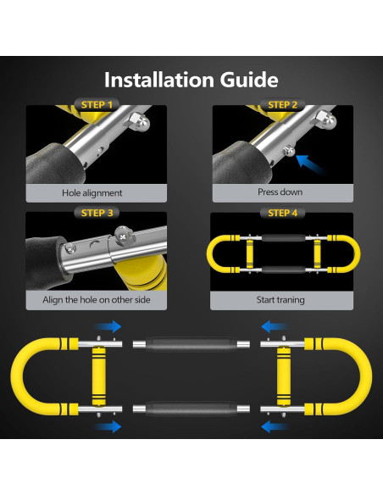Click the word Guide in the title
tap(249, 80)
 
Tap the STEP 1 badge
tap(97, 104)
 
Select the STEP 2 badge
tap(283, 104)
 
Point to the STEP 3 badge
tap(97, 213)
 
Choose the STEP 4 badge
tap(283, 213)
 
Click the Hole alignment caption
tap(92, 193)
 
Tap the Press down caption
tap(280, 192)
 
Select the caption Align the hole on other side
tap(97, 299)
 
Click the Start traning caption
tap(280, 299)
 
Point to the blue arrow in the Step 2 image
tap(310, 164)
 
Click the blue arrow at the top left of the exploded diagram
tap(108, 326)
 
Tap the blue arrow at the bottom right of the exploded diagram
tap(275, 427)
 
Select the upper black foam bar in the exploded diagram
tap(191, 344)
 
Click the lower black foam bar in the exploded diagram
tap(191, 409)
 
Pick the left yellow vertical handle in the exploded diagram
tap(99, 376)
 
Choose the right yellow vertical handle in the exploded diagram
tap(284, 376)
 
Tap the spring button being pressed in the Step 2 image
tap(289, 151)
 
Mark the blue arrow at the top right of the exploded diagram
tap(275, 326)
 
